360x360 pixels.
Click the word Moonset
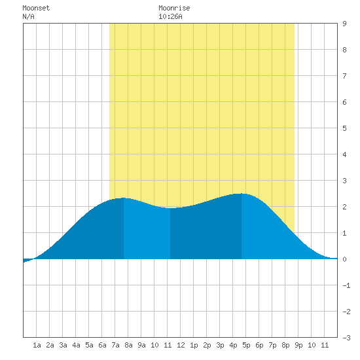point(36,8)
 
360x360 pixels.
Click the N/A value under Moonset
point(28,16)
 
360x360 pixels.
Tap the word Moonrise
point(174,8)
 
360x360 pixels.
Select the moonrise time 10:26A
point(170,16)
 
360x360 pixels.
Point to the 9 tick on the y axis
point(344,24)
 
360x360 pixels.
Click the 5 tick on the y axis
point(344,128)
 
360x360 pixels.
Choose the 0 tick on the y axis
point(344,259)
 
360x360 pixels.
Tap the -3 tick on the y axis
point(346,338)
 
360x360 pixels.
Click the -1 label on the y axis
point(346,285)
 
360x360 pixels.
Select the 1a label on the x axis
point(37,345)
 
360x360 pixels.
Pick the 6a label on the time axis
point(102,345)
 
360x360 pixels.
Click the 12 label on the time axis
point(181,345)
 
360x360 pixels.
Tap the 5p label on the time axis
point(246,345)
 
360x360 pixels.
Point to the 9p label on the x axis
point(298,345)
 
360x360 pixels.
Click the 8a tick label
point(128,345)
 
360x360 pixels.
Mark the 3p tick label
point(220,345)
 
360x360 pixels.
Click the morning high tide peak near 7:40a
point(124,198)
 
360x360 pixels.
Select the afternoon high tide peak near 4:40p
point(242,194)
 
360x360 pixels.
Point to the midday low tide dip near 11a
point(170,208)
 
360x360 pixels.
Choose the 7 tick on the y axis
point(344,76)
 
